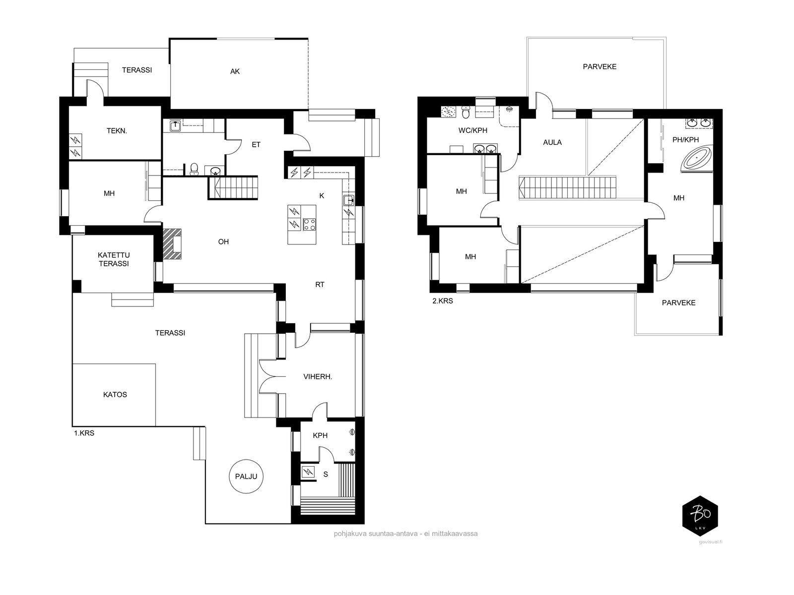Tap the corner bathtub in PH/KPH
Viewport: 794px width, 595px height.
697,158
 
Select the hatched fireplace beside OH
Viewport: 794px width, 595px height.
172,244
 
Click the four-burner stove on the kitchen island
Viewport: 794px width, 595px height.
309,224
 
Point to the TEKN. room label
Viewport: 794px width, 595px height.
117,131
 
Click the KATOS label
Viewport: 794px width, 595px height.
115,395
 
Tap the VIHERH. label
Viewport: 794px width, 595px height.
318,377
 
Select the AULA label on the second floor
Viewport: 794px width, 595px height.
552,142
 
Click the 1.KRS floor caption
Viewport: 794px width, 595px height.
84,433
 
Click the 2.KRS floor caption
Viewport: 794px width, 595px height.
442,300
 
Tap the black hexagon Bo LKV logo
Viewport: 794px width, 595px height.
700,516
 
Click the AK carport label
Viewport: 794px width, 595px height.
235,71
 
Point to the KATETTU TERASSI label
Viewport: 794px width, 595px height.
114,259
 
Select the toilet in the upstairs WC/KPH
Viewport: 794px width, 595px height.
466,113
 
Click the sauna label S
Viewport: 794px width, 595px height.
326,475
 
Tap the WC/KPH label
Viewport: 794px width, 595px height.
473,130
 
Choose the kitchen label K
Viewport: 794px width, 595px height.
322,196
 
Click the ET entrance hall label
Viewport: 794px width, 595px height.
256,144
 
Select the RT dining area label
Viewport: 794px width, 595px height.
320,285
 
